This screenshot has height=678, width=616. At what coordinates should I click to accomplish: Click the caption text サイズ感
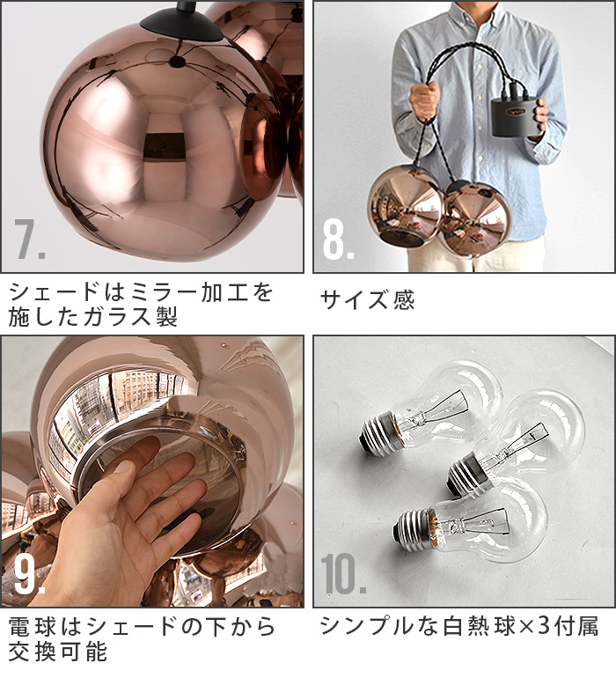pyautogui.click(x=367, y=300)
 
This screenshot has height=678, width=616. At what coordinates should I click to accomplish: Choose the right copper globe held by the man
pyautogui.click(x=476, y=219)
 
